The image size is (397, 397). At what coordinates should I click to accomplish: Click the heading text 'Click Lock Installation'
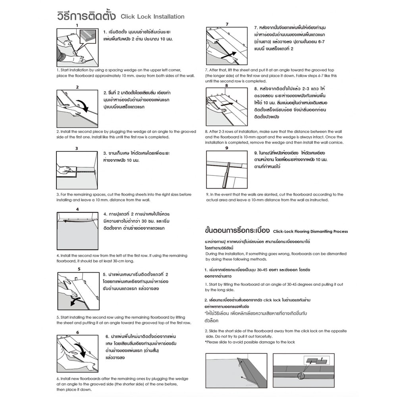click(152, 17)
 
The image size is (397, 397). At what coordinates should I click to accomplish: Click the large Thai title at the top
click(86, 16)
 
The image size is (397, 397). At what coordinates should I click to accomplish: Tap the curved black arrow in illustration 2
click(84, 106)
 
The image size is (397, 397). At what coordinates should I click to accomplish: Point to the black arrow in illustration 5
click(75, 301)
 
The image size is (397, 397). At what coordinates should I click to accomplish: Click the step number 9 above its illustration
click(227, 148)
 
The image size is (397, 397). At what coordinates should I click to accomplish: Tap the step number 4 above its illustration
click(77, 209)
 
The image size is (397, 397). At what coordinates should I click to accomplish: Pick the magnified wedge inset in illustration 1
click(88, 37)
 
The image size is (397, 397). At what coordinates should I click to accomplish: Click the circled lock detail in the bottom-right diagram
click(301, 376)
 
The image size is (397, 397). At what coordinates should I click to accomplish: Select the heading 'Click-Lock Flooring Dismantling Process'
click(310, 231)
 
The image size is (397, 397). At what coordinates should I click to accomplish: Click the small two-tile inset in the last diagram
click(316, 360)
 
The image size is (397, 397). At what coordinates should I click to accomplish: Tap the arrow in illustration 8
click(227, 104)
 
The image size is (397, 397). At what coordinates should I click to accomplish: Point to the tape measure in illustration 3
click(86, 172)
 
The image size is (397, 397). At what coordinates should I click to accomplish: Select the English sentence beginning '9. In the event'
click(275, 197)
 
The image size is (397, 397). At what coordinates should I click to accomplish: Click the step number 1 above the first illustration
click(77, 25)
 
